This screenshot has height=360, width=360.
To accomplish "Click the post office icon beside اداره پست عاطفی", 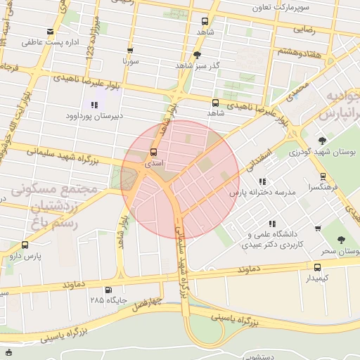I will coord(50,32).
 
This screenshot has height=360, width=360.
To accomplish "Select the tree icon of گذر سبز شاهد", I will coord(197,55).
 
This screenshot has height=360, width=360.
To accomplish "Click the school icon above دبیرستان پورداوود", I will coord(94,105).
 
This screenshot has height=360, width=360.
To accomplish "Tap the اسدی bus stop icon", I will coord(154,153).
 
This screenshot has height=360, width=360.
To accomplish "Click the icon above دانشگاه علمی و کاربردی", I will coord(271,224).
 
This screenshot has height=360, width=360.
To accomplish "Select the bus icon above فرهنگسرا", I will coord(323,176).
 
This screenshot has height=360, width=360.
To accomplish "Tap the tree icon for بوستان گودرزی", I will coord(323,141).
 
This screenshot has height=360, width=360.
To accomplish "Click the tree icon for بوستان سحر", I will coord(341,240).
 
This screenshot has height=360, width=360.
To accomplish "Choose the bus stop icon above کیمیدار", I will coord(317,267).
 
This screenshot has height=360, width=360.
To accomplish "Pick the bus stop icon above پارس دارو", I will coord(25,245).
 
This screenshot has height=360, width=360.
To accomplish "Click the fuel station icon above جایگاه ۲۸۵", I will coord(108,290).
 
